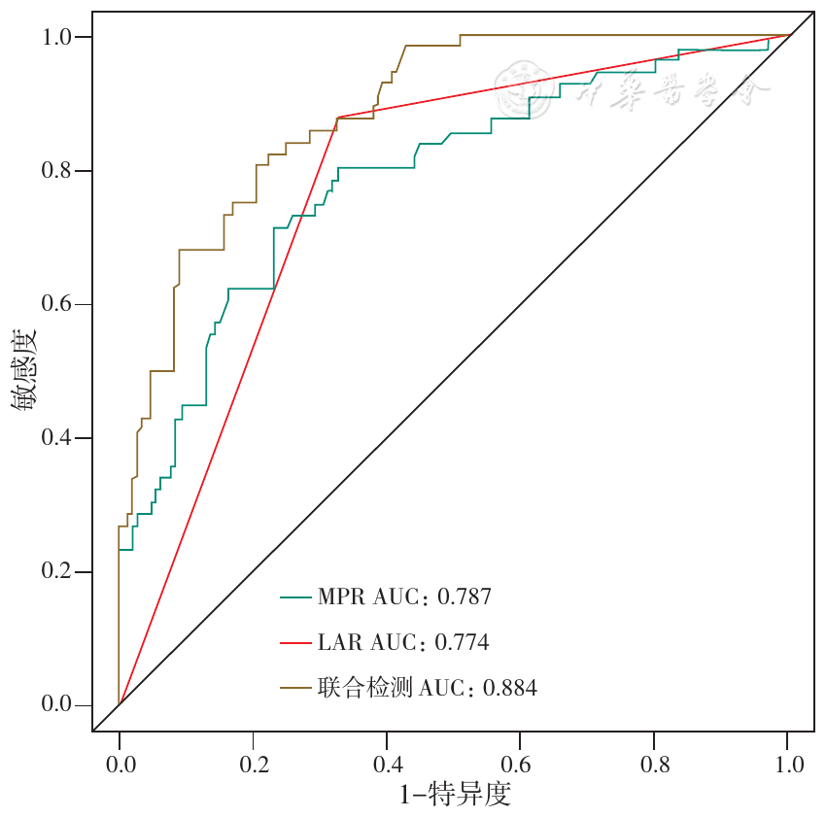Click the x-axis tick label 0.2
253,764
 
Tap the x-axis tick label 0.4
387,764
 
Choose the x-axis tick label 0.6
520,764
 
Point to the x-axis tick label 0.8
654,764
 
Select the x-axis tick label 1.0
788,764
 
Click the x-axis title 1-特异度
455,795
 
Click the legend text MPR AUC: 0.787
404,596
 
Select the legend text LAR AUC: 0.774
402,642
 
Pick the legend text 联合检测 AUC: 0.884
427,689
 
